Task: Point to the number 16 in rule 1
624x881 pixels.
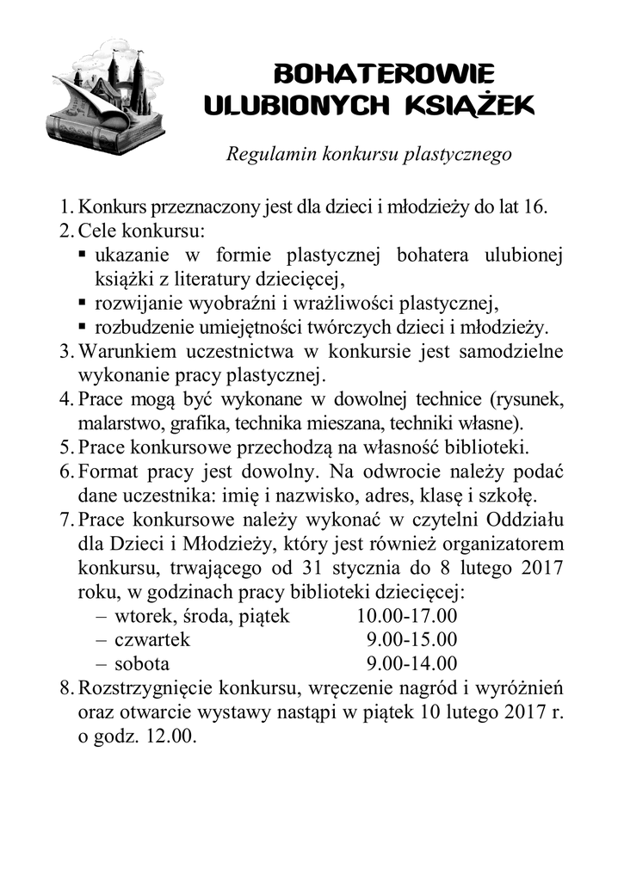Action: coord(535,208)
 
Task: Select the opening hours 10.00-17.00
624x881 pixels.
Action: coord(406,616)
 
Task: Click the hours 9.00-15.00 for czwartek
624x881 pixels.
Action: coord(411,640)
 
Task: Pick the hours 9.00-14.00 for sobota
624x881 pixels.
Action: coord(411,664)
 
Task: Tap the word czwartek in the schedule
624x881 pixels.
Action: coord(151,640)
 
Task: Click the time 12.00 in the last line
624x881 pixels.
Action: coord(173,736)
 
